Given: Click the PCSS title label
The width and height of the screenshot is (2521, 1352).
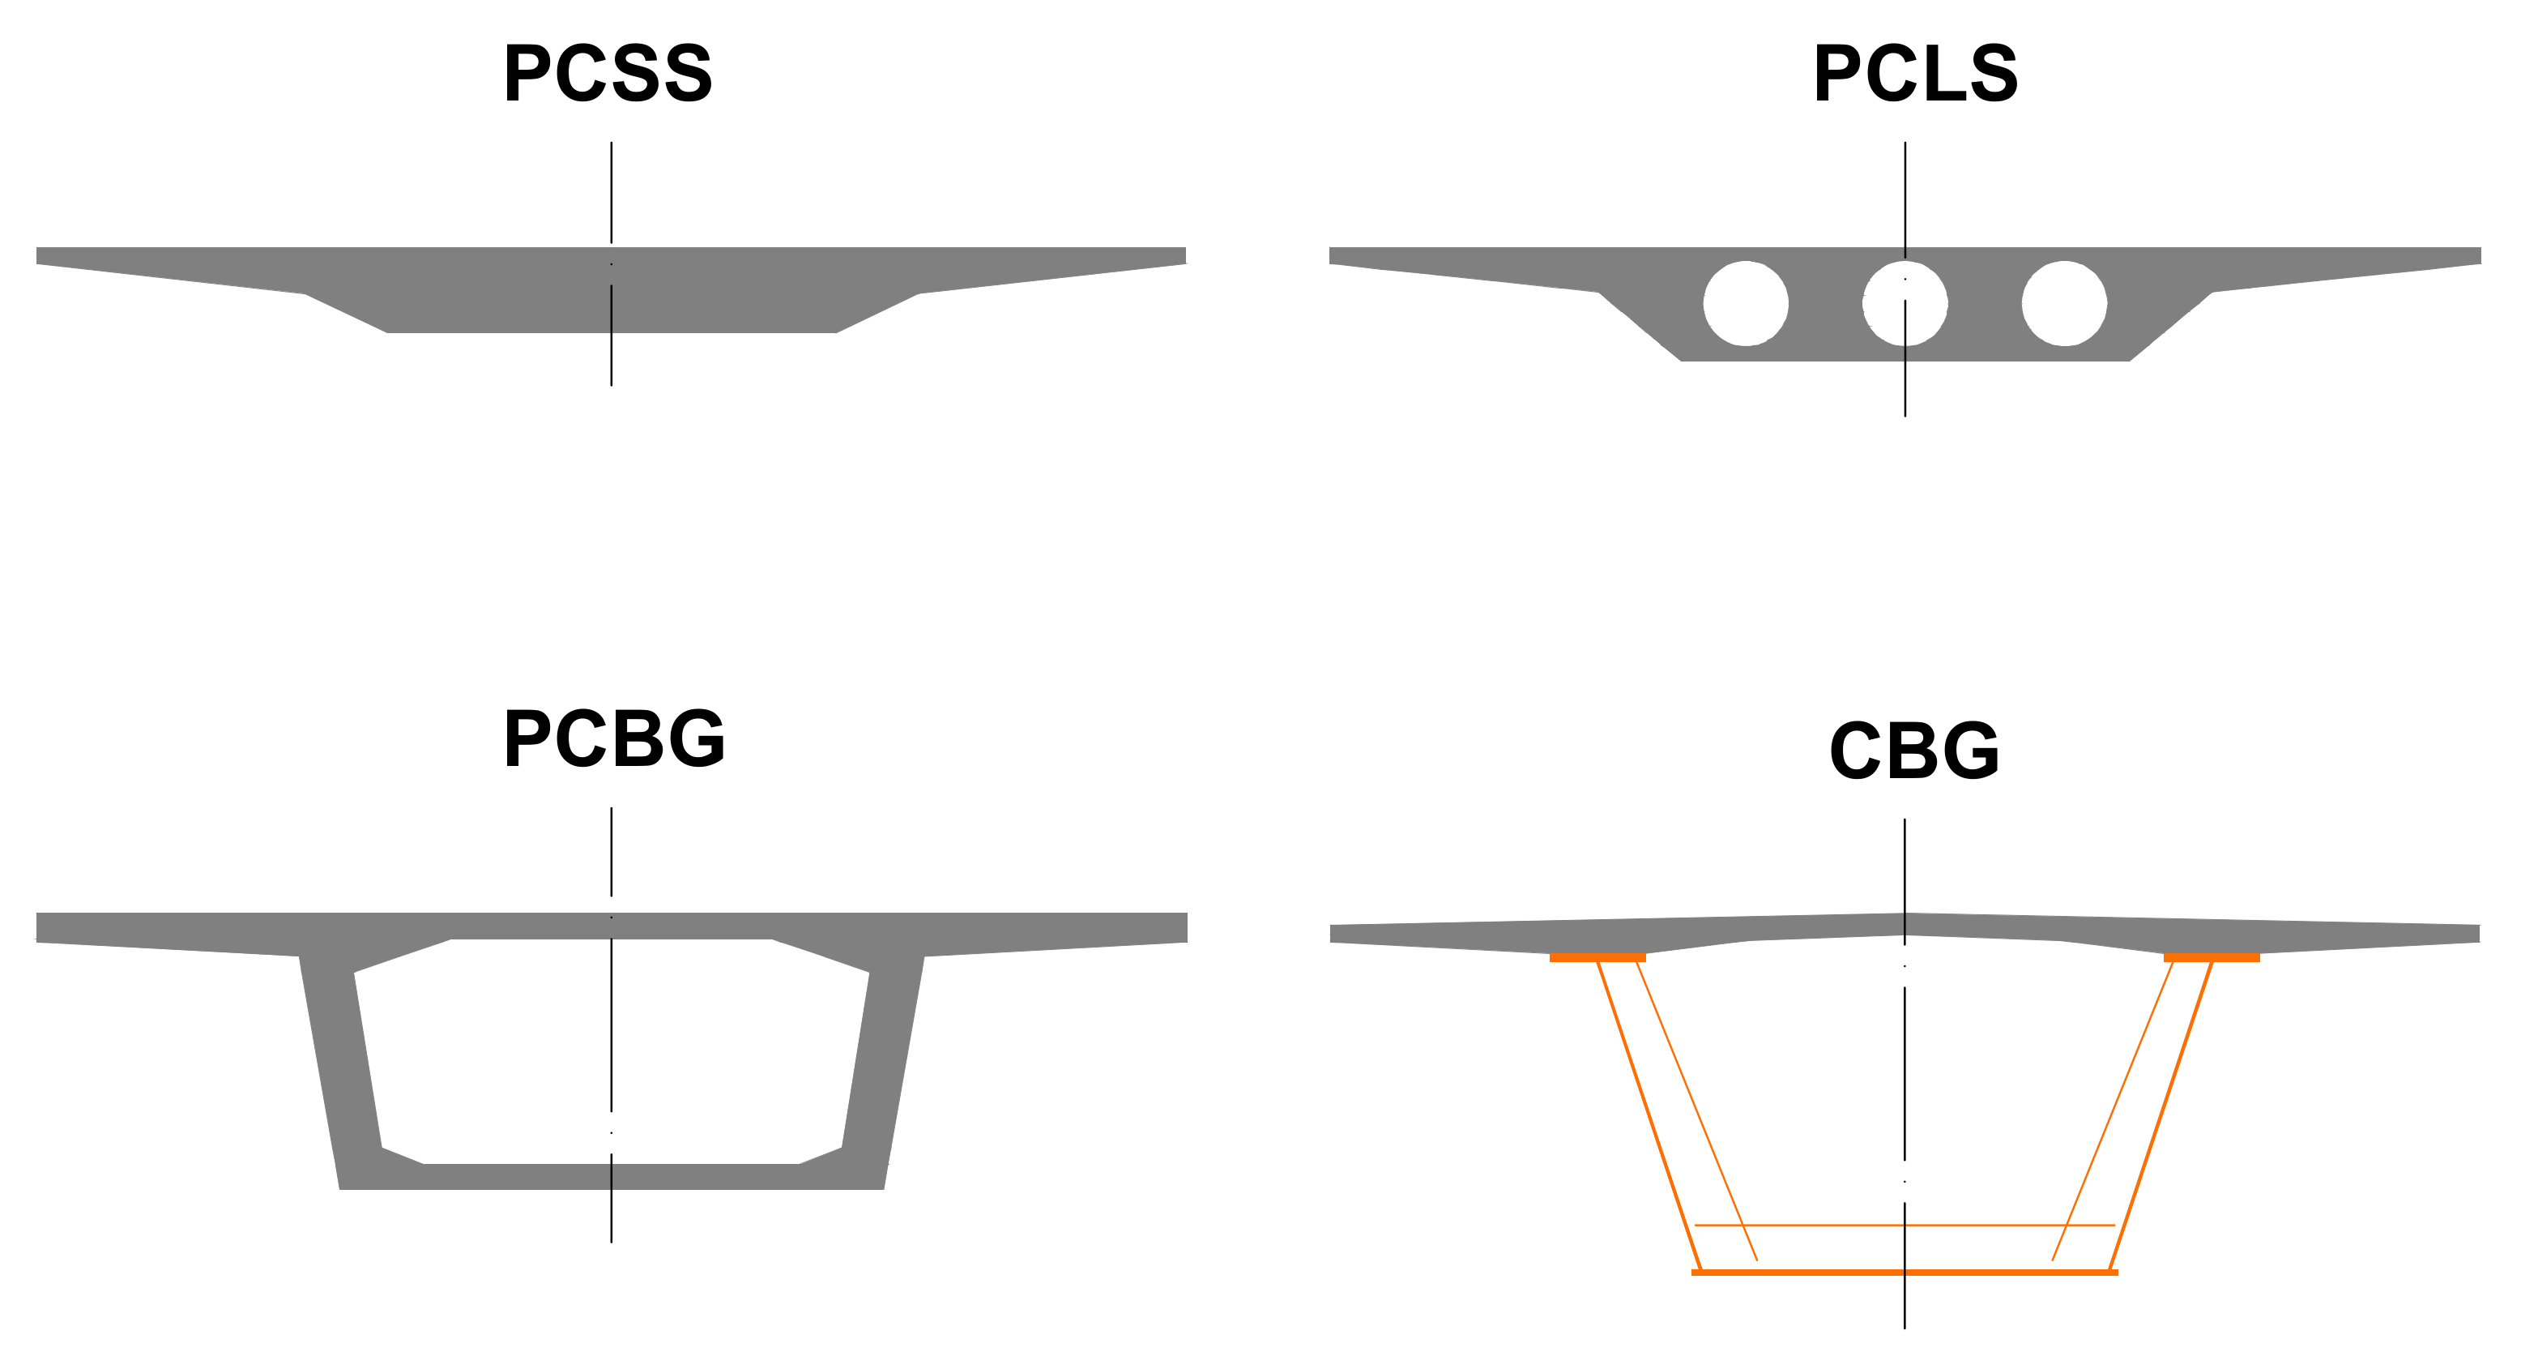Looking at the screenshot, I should (x=608, y=74).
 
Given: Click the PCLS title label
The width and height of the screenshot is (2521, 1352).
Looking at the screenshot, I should (x=1915, y=74).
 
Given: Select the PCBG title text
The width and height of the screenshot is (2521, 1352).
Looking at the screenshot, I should (x=613, y=738).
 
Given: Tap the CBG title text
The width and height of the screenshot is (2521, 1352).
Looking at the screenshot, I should (x=1914, y=751).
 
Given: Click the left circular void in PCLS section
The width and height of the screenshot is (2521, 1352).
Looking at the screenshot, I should (x=1745, y=303).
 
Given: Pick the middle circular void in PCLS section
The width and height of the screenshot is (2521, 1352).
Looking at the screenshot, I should (x=1905, y=303).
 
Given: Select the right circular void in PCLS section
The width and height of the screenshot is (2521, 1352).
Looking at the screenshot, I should (x=2064, y=303).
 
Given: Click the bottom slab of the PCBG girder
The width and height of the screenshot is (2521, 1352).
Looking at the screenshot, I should (x=612, y=1177).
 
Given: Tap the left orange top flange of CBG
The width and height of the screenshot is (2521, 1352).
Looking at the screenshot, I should (x=1597, y=957).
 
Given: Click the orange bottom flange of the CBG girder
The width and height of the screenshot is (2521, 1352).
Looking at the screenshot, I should (x=1905, y=1273).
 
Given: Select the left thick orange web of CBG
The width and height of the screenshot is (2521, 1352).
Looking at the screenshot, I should (x=1649, y=1116).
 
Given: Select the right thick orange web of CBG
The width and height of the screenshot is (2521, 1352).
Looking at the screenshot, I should (x=2161, y=1116).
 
